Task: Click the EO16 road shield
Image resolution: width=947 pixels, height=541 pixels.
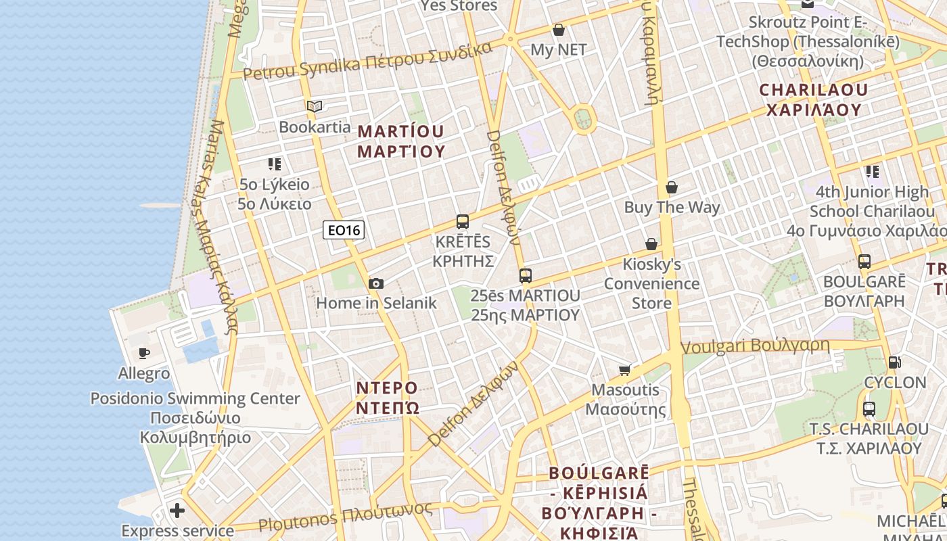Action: [x=344, y=231]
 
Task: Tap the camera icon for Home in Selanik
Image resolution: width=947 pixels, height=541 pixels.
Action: [x=376, y=283]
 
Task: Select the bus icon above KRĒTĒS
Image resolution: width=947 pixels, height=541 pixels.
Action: [x=463, y=221]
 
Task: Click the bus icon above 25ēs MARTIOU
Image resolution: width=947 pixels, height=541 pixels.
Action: [x=526, y=275]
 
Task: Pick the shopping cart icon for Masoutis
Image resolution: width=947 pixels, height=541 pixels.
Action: [x=625, y=369]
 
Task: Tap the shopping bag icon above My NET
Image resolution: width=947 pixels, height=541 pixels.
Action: [x=559, y=30]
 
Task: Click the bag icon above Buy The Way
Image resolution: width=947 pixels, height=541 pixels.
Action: [x=672, y=187]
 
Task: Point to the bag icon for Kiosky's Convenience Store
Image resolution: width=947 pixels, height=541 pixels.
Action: [x=651, y=244]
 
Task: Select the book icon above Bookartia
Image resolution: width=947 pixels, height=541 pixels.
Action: [x=315, y=106]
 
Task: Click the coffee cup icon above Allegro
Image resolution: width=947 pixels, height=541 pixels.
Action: [x=144, y=353]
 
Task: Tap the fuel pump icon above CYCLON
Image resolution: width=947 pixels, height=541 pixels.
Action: [x=895, y=362]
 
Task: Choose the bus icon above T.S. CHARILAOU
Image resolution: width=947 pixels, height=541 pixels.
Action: [x=869, y=408]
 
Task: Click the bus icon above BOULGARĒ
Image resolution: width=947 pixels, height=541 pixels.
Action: [x=864, y=261]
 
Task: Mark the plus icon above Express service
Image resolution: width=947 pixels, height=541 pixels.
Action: [x=177, y=510]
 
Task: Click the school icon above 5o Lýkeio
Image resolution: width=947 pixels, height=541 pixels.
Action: [x=274, y=164]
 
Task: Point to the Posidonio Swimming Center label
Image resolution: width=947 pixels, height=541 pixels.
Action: [x=195, y=399]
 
